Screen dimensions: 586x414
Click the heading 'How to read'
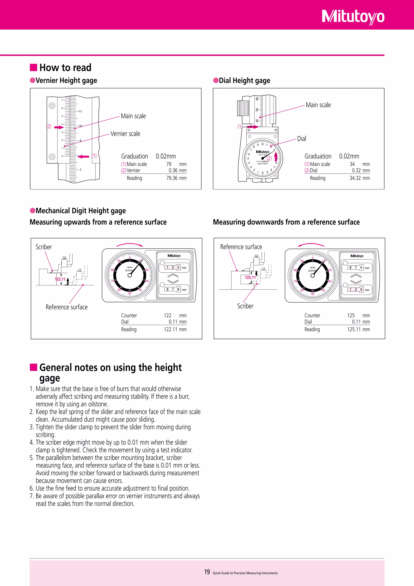65,68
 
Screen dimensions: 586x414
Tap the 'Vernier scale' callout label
125,134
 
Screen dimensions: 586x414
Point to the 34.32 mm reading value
359,178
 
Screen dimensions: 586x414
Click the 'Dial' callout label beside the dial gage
302,139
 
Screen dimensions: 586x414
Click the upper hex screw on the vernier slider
52,105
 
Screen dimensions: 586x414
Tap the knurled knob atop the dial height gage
243,108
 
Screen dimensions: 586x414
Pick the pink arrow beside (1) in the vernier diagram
83,156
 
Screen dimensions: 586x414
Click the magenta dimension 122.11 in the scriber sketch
60,279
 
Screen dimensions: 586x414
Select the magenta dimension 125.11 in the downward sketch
250,277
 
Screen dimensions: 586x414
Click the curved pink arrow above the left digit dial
130,245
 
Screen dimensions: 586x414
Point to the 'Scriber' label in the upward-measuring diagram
44,247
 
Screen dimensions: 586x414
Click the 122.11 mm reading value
175,329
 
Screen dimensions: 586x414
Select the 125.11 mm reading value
358,329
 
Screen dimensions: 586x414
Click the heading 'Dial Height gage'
244,81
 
